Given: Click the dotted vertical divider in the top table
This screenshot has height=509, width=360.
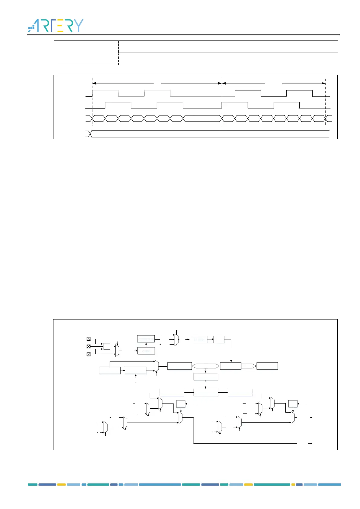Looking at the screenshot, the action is [x=119, y=53].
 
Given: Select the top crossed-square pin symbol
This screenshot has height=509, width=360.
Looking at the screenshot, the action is [x=88, y=339].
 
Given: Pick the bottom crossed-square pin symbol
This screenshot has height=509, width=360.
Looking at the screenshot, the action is [x=88, y=354].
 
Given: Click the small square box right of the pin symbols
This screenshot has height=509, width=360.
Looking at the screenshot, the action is [x=107, y=346].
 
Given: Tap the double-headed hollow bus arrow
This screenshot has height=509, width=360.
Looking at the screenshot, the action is [x=206, y=366].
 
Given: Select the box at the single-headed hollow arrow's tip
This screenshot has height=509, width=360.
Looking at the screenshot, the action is [x=267, y=366].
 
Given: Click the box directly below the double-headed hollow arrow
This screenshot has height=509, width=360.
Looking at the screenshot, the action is [x=205, y=377].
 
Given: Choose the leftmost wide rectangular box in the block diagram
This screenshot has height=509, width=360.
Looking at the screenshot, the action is [x=110, y=370].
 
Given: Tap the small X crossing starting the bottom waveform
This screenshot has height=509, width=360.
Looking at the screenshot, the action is [x=89, y=134].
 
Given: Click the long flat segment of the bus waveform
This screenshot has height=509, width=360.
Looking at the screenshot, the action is [x=202, y=118].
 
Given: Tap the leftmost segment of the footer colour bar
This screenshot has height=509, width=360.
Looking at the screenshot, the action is [x=33, y=485].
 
